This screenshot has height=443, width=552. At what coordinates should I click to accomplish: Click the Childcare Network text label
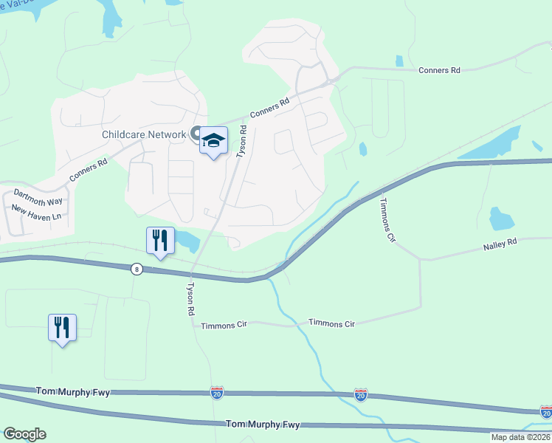144,134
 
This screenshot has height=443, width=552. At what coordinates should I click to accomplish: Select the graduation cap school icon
213,141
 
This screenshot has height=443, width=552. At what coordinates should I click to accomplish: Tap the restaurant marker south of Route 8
63,328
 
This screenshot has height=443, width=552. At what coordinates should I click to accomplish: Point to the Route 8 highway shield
137,269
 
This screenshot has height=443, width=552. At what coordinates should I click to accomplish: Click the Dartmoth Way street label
38,196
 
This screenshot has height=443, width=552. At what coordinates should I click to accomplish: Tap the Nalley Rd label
500,243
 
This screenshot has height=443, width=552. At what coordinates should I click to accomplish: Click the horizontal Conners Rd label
439,70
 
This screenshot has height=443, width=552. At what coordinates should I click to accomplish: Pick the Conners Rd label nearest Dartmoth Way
89,170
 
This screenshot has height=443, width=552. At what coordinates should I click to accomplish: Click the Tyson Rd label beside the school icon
241,141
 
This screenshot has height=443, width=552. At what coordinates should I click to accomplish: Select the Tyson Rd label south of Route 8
190,299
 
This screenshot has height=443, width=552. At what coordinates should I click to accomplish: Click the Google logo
24,434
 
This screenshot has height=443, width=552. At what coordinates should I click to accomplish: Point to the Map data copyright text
520,437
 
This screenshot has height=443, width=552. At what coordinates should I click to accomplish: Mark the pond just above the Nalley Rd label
501,219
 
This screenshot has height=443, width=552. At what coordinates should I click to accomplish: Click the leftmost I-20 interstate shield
217,394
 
